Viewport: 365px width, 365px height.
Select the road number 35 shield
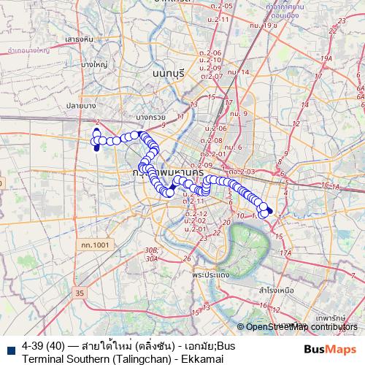79,293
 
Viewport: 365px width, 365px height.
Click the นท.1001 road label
95,245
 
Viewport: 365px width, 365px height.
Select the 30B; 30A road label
151,254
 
